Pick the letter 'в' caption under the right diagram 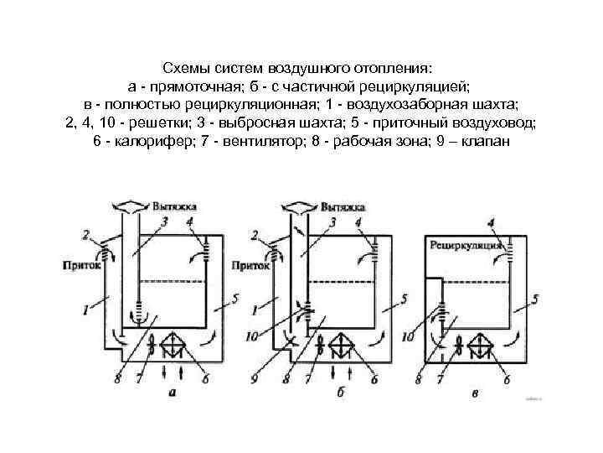475,393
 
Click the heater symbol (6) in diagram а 173,343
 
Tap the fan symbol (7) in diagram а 152,344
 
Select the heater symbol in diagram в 482,344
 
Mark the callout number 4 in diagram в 491,222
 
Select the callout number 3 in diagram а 166,221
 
